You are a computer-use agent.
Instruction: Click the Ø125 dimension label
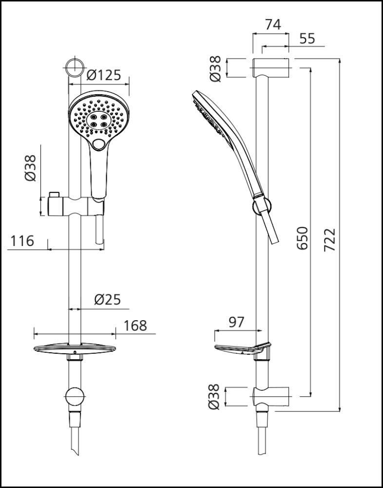click(103, 76)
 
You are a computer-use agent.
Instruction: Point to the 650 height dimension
click(303, 238)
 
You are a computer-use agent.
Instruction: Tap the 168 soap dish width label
click(135, 325)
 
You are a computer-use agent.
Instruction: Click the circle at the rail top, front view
click(74, 68)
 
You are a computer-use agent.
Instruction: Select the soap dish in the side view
click(241, 349)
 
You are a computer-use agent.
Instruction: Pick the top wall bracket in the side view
click(271, 67)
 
